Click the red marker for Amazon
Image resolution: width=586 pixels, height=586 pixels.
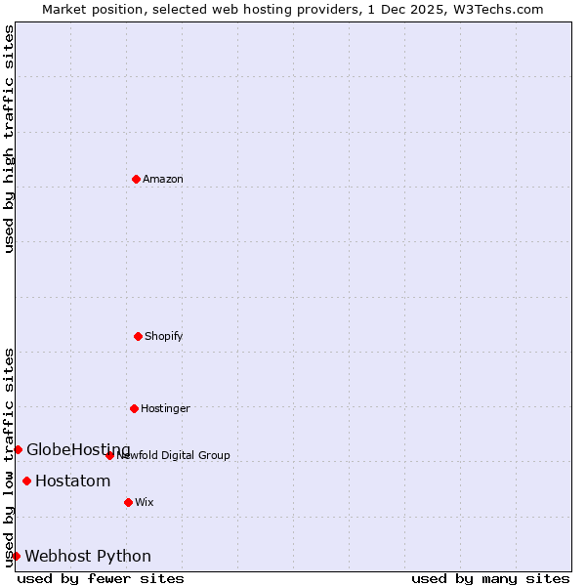click(x=136, y=179)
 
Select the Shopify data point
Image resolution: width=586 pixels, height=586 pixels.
click(x=138, y=336)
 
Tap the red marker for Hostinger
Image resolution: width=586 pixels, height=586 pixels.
click(x=134, y=408)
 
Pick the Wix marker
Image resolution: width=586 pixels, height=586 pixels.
click(x=128, y=502)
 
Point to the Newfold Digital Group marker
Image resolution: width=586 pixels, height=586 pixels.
click(x=109, y=455)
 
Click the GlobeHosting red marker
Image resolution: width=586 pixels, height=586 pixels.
click(x=18, y=449)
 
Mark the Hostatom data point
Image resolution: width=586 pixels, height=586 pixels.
click(x=26, y=481)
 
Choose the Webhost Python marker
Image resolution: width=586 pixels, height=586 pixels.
click(x=16, y=556)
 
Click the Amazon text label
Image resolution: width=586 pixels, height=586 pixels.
click(x=163, y=179)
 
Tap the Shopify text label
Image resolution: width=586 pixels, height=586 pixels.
click(x=164, y=336)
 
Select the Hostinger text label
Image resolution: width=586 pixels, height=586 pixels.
click(x=166, y=408)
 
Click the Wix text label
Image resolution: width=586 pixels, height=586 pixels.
click(x=145, y=502)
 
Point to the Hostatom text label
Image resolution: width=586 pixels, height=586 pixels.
click(x=73, y=481)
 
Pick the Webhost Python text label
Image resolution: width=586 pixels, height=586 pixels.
click(x=88, y=556)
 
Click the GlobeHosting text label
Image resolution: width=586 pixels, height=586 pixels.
click(x=78, y=449)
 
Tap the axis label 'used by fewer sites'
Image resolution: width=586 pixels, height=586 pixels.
click(x=101, y=578)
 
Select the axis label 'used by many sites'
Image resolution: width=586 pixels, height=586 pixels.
click(x=490, y=578)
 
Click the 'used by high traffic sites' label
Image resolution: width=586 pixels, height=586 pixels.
click(x=9, y=139)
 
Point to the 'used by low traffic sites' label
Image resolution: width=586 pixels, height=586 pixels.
click(x=9, y=456)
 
